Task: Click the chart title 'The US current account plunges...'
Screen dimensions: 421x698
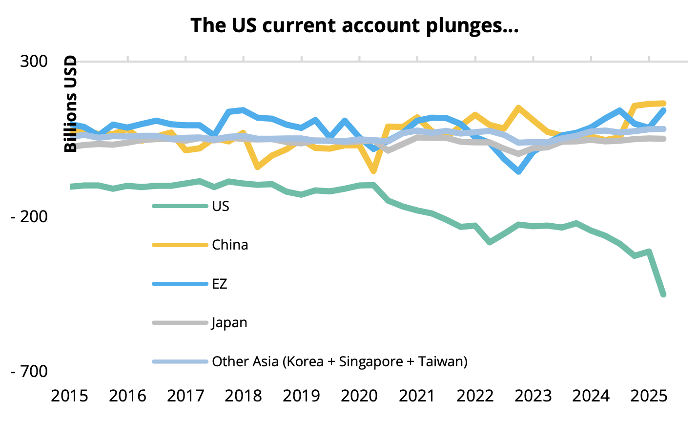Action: click(x=354, y=25)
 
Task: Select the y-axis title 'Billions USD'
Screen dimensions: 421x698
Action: click(x=71, y=104)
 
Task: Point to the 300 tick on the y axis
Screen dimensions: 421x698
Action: click(x=33, y=62)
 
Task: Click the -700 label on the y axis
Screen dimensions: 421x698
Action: click(x=29, y=371)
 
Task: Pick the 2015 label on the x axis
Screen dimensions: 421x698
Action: click(x=70, y=396)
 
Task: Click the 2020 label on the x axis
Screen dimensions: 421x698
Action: click(x=359, y=396)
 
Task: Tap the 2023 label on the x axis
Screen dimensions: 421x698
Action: click(x=533, y=396)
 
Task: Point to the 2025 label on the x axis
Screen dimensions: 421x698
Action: click(x=648, y=396)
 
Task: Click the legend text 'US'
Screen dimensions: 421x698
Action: click(x=221, y=206)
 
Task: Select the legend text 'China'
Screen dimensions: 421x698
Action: click(x=230, y=245)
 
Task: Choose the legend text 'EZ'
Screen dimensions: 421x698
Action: click(x=220, y=284)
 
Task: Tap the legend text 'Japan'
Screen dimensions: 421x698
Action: click(x=229, y=323)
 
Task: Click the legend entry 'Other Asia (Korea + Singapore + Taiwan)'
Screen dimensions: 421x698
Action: click(x=339, y=362)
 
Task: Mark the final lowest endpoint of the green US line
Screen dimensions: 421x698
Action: click(x=663, y=295)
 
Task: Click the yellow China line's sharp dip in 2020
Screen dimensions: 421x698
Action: click(x=373, y=171)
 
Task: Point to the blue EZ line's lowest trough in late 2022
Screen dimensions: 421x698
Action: click(x=518, y=171)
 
